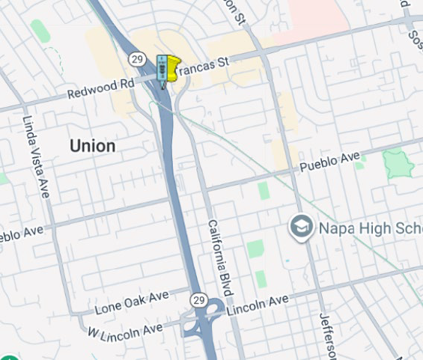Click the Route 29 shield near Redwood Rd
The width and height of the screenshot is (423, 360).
pos(136,58)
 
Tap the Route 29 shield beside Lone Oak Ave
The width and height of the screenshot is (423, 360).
pos(198,299)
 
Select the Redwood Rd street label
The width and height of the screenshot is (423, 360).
pos(100,88)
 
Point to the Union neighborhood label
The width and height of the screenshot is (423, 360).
pos(93,146)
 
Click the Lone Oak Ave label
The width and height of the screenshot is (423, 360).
pos(132,302)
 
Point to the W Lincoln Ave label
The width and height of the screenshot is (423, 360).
pos(125,329)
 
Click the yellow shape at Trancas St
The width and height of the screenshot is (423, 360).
pos(173,68)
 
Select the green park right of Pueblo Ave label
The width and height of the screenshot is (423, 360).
pos(398,162)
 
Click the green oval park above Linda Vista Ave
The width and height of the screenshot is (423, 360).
pos(40,31)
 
